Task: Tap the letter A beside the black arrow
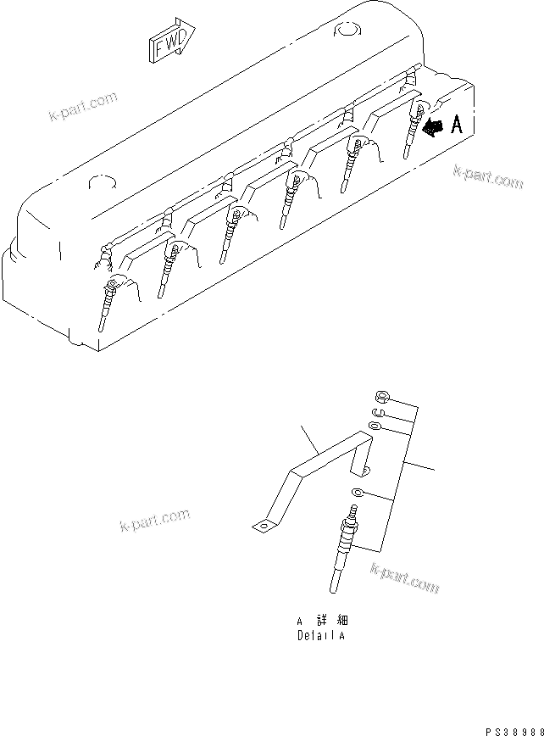pos(457,126)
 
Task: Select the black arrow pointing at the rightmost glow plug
pos(433,127)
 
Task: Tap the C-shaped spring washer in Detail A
pos(379,412)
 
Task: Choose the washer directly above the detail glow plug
pos(358,494)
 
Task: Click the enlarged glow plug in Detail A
pos(342,551)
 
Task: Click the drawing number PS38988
pos(514,729)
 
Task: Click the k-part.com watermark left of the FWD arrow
pos(82,109)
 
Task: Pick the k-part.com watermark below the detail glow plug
pos(404,579)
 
